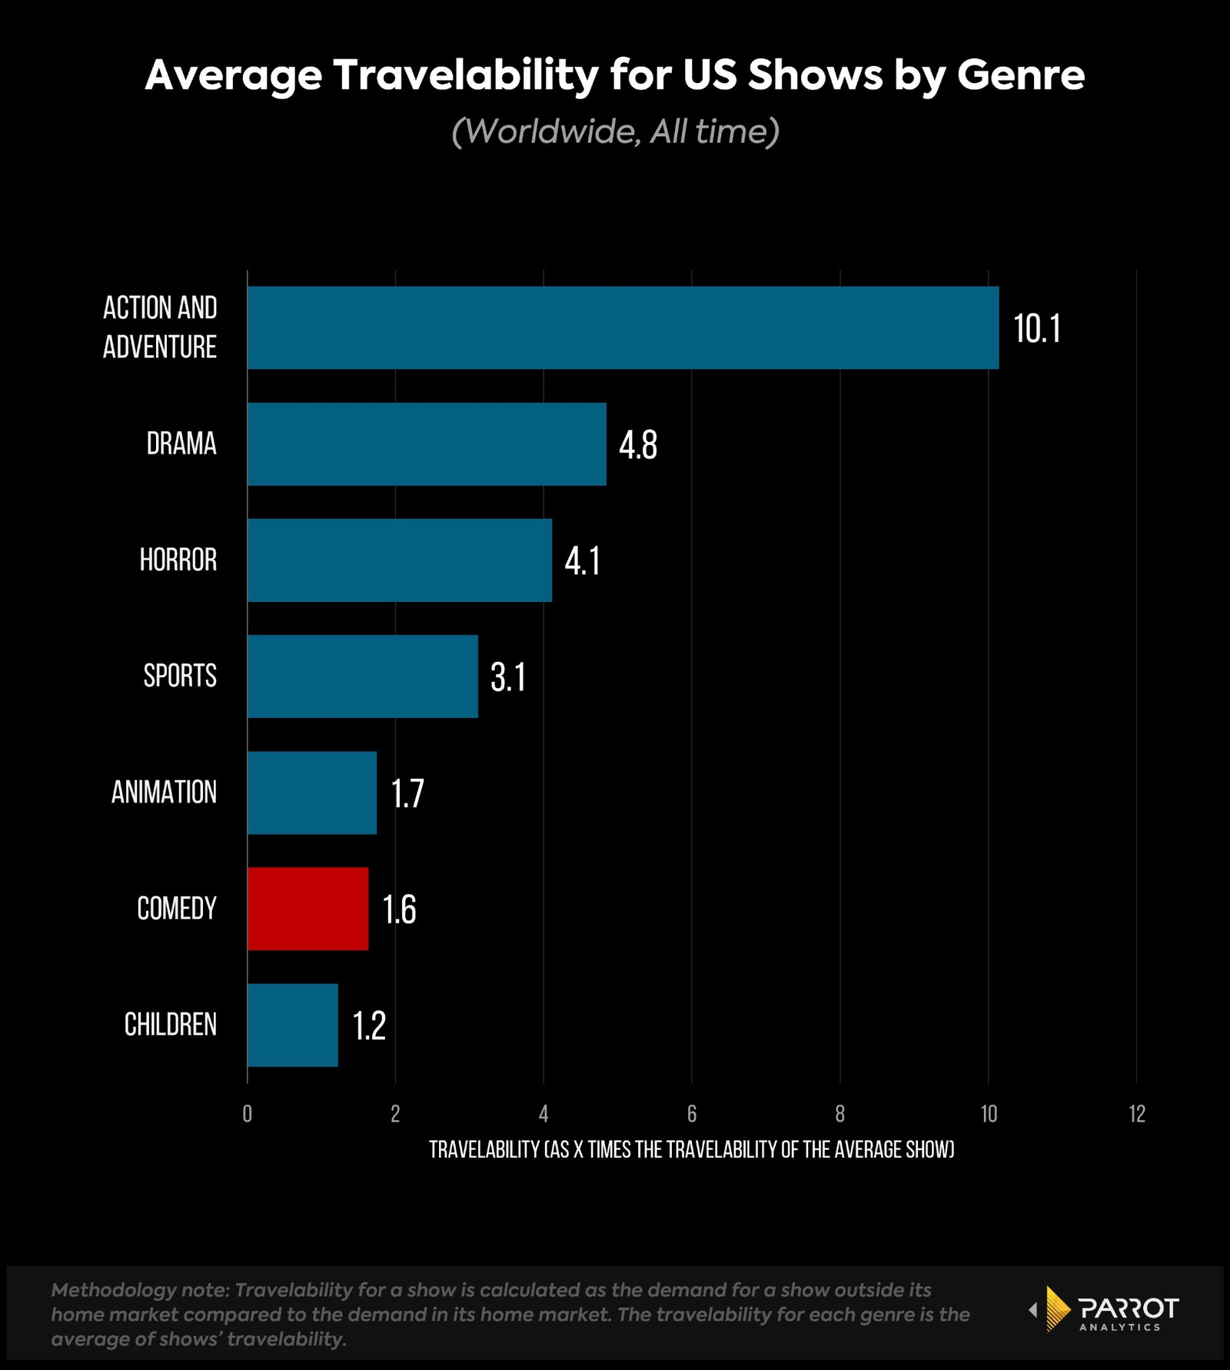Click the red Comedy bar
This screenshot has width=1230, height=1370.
coord(307,909)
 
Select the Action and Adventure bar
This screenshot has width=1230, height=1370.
coord(623,328)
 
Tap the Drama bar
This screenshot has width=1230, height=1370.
coord(427,444)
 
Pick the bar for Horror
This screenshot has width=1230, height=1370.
coord(399,560)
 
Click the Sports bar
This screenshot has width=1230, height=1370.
coord(362,676)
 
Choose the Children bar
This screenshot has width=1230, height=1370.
coord(292,1025)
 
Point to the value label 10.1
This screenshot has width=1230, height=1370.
coord(1036,329)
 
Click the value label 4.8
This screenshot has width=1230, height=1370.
coord(637,445)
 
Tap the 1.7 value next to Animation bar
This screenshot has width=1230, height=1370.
coord(407,793)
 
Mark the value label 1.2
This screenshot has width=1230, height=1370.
coord(368,1026)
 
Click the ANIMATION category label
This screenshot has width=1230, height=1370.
coord(164,792)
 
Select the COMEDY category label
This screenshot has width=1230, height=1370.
coord(176,909)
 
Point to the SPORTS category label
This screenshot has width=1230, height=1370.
coord(180,676)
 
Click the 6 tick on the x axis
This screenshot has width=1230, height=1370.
coord(691,1113)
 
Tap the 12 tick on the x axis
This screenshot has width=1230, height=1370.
coord(1136,1113)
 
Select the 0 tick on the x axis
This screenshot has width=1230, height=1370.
coord(247,1113)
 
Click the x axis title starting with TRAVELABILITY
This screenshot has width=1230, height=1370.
coord(691,1149)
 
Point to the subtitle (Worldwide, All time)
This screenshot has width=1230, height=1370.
coord(615,131)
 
